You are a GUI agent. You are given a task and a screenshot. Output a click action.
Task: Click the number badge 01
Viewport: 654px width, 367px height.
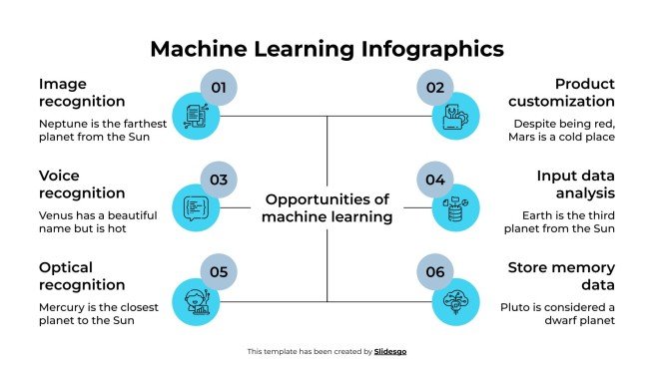[220, 88]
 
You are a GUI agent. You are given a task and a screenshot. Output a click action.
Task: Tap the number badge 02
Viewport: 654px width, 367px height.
[435, 88]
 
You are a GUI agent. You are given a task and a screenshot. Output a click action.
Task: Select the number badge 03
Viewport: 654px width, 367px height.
[220, 180]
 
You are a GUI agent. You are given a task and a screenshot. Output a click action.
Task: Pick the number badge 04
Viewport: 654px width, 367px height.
[435, 180]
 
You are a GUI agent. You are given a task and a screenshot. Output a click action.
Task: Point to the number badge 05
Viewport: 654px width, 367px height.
[220, 271]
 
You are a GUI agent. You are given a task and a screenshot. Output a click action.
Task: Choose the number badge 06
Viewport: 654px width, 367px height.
[435, 271]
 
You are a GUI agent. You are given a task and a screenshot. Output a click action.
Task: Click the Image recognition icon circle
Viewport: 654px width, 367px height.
[195, 116]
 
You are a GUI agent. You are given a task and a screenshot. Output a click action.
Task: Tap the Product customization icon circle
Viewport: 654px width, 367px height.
[456, 116]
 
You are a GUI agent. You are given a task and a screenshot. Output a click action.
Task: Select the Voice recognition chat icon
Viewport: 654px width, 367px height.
[195, 207]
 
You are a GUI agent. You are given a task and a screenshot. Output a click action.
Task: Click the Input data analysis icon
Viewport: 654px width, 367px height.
[456, 207]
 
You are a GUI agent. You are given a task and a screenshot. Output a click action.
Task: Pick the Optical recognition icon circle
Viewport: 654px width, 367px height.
[195, 299]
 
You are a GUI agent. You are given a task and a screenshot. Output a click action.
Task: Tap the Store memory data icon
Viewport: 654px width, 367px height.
[456, 299]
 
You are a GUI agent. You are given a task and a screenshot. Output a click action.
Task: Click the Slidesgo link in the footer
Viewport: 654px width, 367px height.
[390, 351]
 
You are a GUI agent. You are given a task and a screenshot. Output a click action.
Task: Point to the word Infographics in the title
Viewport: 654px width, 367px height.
[420, 49]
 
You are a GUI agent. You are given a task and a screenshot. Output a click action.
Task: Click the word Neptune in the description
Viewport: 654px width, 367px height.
[62, 123]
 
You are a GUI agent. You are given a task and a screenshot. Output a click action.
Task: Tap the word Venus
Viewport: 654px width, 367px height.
[56, 214]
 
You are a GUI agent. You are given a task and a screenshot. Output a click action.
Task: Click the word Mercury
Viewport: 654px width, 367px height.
[62, 307]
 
